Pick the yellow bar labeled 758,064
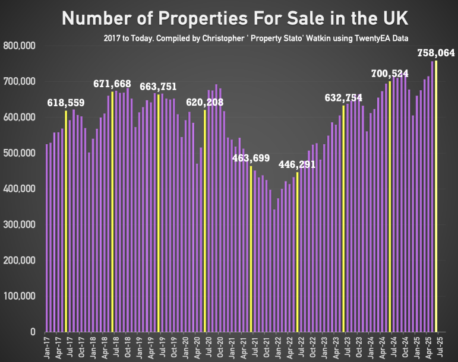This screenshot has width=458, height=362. pos(436,196)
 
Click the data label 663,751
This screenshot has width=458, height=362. pos(158,87)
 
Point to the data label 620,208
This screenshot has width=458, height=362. pos(205,101)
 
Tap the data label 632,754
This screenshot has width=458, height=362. pos(345,97)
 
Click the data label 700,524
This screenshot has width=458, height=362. pos(389,74)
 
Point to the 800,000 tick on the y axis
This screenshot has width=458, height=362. pos(20,46)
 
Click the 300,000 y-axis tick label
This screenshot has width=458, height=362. pos(20,224)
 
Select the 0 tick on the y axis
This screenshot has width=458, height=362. pos(35,332)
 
